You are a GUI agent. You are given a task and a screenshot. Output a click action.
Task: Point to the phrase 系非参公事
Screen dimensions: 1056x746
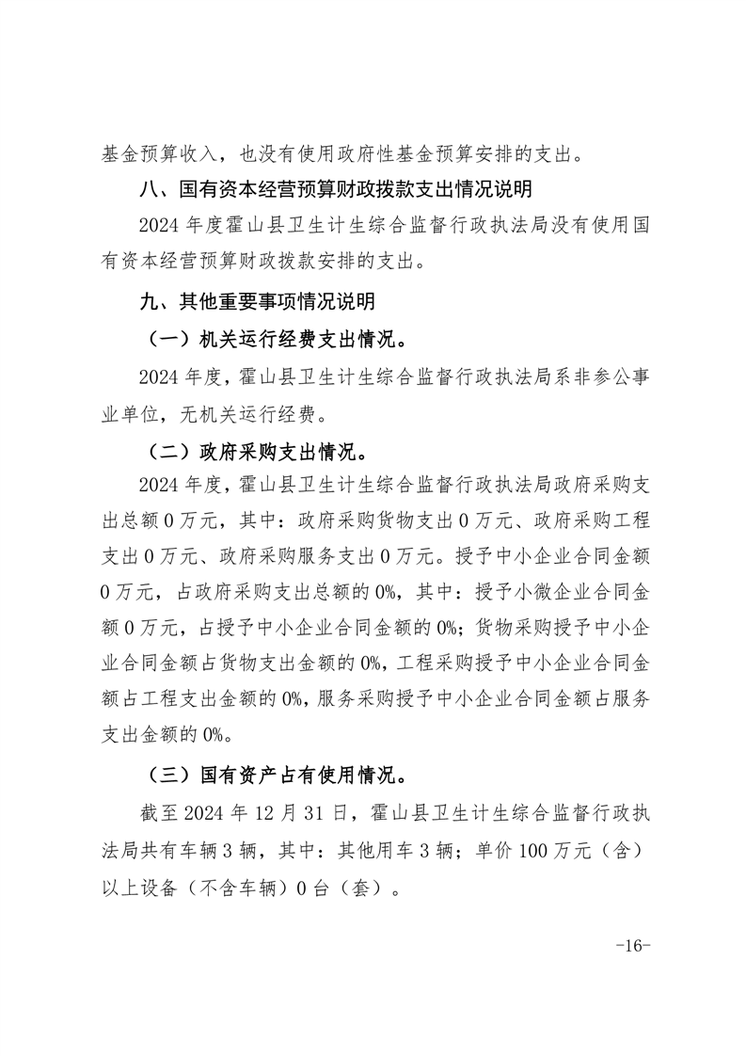point(596,377)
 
